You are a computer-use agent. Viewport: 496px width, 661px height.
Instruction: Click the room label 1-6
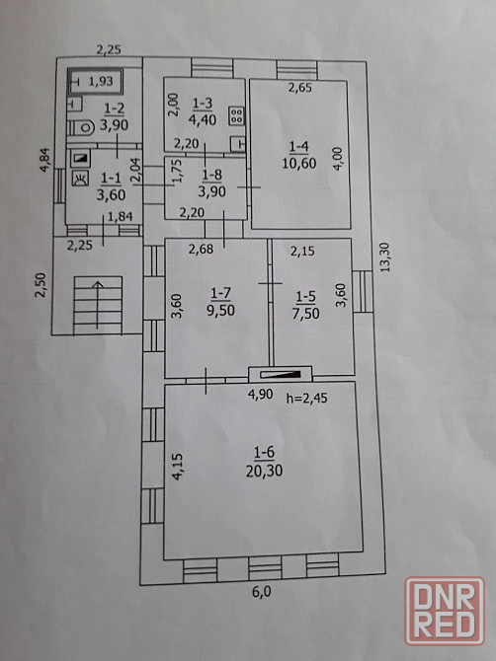(264, 452)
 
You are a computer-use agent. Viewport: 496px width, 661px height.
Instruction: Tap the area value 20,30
(264, 471)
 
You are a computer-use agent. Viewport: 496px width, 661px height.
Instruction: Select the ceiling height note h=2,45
(307, 398)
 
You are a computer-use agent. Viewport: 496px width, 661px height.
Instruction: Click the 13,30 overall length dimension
(384, 257)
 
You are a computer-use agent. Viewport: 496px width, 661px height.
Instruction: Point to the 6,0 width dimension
(262, 592)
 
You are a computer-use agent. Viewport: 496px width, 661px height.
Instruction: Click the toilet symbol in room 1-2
(81, 127)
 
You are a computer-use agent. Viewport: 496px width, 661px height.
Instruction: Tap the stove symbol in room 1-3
(236, 116)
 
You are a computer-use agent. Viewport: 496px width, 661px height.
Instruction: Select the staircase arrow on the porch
(98, 305)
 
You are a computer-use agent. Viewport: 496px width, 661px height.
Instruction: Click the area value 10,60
(298, 163)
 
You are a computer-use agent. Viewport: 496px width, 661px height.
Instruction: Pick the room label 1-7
(220, 292)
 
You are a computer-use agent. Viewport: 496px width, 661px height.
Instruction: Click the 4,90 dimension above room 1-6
(260, 395)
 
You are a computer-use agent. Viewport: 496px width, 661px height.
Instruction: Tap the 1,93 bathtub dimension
(101, 81)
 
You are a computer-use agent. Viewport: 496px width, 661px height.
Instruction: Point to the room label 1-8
(211, 174)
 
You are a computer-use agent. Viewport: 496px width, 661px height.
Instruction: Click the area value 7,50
(305, 313)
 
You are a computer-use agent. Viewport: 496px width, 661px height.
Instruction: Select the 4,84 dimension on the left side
(44, 160)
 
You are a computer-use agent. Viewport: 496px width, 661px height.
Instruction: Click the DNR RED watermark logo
(445, 612)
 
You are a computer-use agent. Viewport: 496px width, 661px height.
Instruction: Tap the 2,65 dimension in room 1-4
(300, 88)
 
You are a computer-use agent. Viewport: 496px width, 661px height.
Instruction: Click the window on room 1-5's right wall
(363, 291)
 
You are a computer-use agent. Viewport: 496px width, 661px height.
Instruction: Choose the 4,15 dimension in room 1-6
(178, 467)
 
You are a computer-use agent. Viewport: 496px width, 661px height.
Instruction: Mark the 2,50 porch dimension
(41, 285)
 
